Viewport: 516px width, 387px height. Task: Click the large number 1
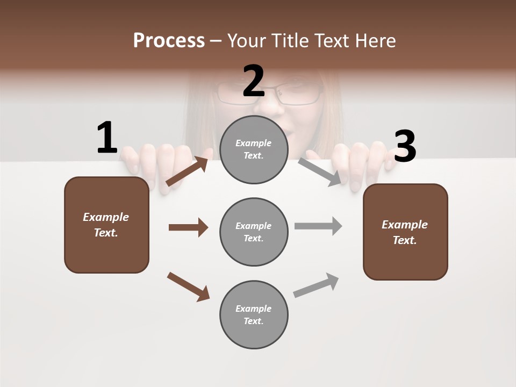coord(107,138)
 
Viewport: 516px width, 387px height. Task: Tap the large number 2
coord(254,82)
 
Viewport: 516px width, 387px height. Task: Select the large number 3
coord(405,147)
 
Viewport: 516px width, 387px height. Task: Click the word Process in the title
coord(169,40)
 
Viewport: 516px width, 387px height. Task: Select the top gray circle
coord(254,150)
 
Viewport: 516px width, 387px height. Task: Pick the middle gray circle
coord(254,232)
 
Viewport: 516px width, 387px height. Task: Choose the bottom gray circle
coord(254,315)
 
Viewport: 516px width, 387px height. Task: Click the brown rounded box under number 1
coord(106,225)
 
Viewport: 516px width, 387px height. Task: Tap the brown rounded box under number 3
coord(405,232)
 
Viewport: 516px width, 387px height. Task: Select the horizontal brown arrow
coord(188,227)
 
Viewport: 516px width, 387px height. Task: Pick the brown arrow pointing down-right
coord(188,286)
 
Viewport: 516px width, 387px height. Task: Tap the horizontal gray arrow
coord(318,226)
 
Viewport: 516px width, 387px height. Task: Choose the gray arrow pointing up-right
coord(317,285)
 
